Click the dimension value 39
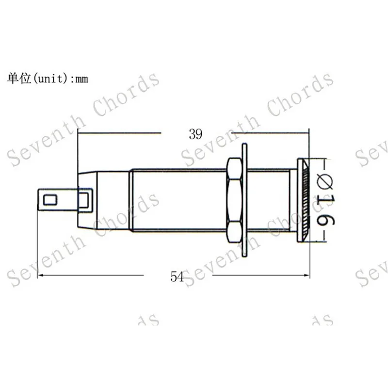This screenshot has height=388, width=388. click(x=195, y=134)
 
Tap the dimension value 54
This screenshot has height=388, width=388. click(x=178, y=276)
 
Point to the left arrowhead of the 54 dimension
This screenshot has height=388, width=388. click(x=40, y=275)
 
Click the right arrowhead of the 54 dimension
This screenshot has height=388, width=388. click(x=307, y=275)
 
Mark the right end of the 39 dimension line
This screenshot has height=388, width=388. click(x=307, y=131)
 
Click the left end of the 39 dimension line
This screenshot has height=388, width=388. click(x=79, y=131)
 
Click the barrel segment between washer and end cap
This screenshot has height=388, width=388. click(x=269, y=199)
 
